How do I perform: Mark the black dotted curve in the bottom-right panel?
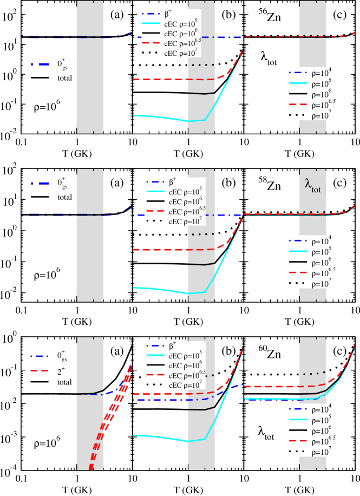coord(314,374)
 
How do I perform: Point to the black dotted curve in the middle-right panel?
coord(314,212)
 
